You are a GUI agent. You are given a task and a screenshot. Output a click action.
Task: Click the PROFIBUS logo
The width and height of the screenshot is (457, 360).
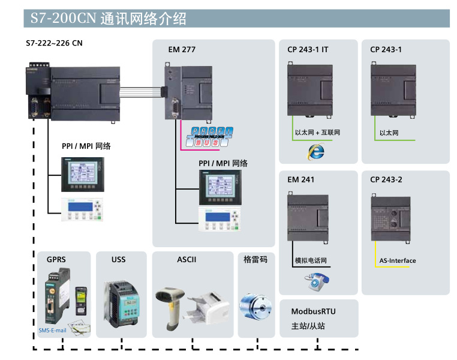pos(211,137)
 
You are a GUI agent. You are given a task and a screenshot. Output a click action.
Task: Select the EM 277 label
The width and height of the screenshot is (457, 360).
pos(182,50)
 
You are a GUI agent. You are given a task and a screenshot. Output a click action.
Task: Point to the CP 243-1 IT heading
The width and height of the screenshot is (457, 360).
pos(308,50)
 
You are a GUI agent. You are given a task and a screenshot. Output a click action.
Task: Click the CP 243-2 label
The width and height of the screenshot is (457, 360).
pos(386,179)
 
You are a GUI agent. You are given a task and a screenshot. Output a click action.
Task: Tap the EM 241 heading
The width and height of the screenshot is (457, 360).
pos(300,179)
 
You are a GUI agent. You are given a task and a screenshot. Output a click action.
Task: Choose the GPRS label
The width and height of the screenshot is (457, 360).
pos(56,260)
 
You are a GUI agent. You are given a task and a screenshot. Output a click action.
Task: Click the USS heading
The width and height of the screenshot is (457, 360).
pos(118,260)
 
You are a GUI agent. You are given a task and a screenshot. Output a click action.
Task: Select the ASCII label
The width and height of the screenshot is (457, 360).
pos(187,260)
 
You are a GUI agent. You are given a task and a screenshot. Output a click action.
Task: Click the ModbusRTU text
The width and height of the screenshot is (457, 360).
pos(313,311)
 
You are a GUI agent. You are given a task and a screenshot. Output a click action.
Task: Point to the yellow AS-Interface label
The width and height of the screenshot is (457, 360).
pos(397,260)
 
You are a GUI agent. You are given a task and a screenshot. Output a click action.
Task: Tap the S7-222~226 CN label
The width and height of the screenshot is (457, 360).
pos(55,43)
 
